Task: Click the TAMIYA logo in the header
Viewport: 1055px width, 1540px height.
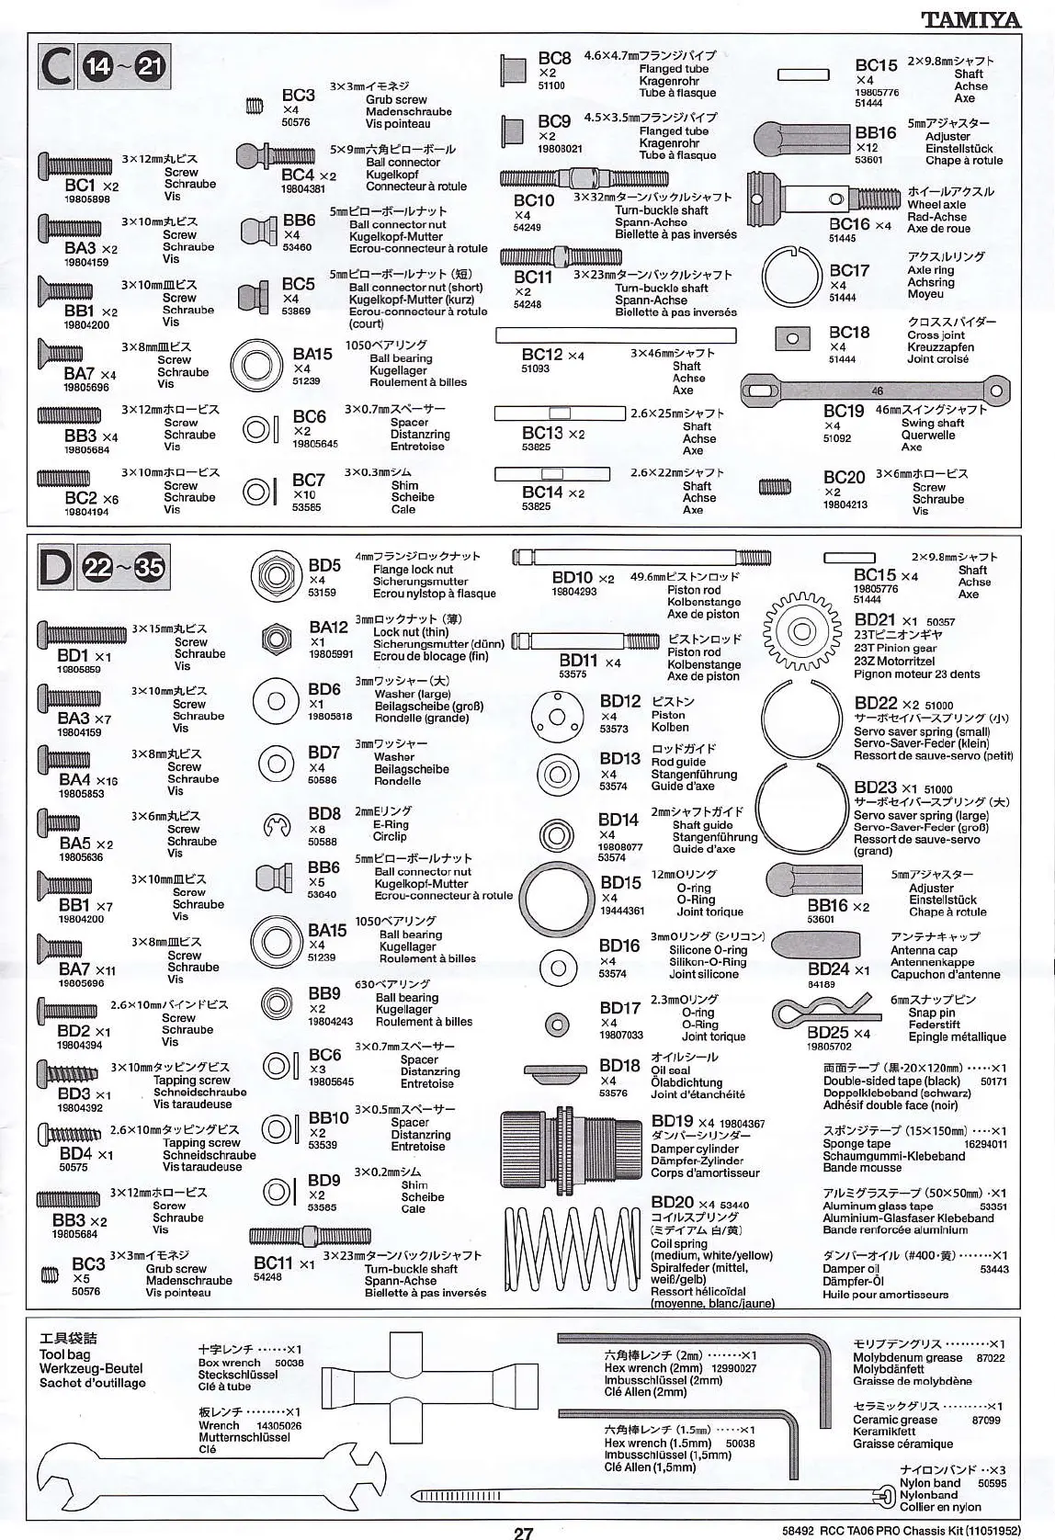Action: click(971, 18)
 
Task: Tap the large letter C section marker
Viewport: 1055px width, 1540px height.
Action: click(58, 68)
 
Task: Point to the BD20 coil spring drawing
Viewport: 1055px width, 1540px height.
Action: click(570, 1250)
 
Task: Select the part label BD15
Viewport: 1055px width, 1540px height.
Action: click(620, 883)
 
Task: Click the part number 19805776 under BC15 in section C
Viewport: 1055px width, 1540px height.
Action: click(876, 93)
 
